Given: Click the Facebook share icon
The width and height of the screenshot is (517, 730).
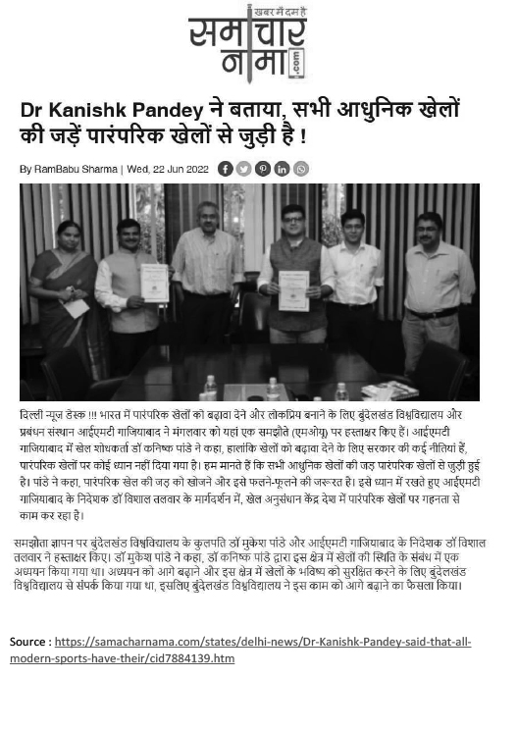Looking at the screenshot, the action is (x=226, y=169).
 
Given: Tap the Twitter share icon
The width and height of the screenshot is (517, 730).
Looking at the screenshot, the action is (x=244, y=169).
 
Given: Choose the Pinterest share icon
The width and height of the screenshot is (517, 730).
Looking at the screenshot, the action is (x=263, y=169).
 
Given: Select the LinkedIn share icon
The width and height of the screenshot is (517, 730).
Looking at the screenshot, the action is (x=282, y=169).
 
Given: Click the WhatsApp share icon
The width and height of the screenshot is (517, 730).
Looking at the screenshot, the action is (x=300, y=169).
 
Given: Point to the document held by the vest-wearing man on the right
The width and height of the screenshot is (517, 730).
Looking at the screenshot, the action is (x=294, y=290).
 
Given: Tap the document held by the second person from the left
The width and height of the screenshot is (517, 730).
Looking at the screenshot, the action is (x=154, y=282).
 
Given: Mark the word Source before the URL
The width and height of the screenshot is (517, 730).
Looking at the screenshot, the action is (x=29, y=643).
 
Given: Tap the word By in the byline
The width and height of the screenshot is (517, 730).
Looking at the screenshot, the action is (x=26, y=169).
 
